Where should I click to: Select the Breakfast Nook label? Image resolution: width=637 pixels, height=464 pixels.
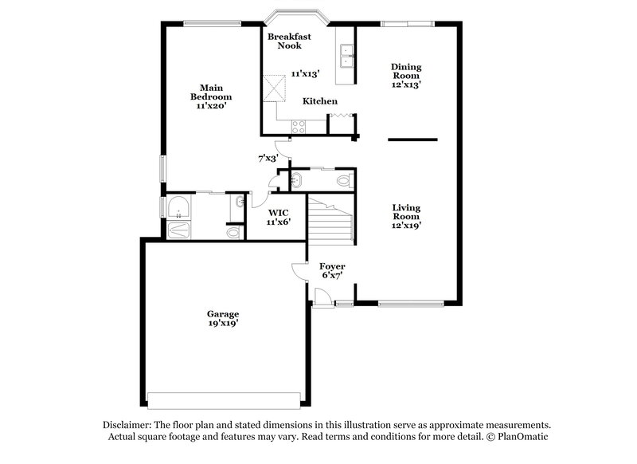289,41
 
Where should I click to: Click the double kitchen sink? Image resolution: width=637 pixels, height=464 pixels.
346,57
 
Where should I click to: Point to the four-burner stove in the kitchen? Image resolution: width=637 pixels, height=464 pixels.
299,124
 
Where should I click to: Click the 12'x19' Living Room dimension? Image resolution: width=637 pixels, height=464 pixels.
406,225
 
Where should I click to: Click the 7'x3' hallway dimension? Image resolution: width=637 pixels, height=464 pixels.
268,159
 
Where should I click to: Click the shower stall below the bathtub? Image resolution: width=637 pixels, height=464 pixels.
179,230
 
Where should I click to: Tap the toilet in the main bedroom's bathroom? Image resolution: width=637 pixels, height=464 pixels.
233,232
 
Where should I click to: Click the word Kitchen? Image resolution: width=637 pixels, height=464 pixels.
319,101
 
